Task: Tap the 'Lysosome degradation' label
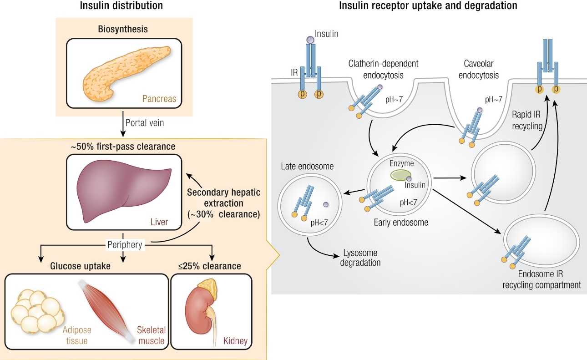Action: pyautogui.click(x=359, y=258)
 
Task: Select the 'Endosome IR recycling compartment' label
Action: pyautogui.click(x=541, y=280)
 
